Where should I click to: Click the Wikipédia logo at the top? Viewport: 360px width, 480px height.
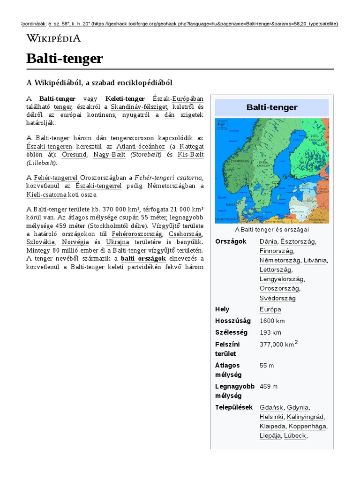(53, 38)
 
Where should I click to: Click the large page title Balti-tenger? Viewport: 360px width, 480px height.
(64, 59)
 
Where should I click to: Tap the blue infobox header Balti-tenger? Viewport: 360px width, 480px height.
(272, 108)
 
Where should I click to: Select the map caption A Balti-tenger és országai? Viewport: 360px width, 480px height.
(272, 230)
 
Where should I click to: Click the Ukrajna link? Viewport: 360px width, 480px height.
(118, 242)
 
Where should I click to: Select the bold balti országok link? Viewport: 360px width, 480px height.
(143, 258)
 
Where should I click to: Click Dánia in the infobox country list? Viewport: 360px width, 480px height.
(268, 241)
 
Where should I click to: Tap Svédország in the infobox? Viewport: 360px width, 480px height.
(277, 298)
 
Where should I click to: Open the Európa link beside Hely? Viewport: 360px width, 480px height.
(270, 309)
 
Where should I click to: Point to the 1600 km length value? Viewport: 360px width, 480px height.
(272, 321)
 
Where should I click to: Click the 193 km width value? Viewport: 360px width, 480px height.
(270, 332)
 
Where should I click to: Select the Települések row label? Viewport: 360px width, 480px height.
(234, 407)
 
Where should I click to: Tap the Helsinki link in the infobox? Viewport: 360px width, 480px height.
(271, 417)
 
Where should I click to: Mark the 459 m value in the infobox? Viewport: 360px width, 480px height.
(269, 386)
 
